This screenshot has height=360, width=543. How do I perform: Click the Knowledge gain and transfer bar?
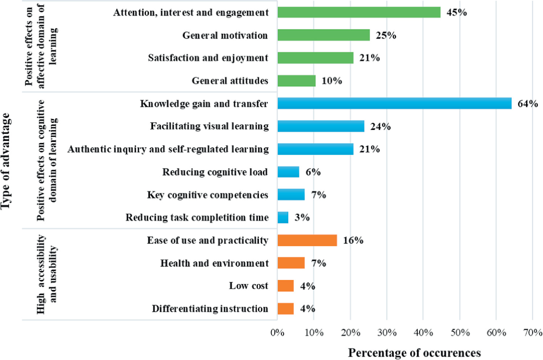[x=394, y=104]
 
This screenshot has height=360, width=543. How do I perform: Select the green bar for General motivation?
[x=323, y=35]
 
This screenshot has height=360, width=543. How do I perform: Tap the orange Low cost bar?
[x=286, y=286]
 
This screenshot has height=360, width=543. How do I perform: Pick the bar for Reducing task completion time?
[x=283, y=218]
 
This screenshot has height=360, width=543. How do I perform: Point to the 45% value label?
[x=457, y=12]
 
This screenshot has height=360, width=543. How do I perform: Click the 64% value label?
[x=528, y=104]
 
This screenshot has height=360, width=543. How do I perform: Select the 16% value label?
[x=353, y=240]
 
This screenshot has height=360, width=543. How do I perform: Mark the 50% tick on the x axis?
[x=460, y=332]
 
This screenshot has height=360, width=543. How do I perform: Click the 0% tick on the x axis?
[x=278, y=332]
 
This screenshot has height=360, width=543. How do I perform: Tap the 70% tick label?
[x=532, y=332]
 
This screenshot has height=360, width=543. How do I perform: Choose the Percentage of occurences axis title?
[x=414, y=353]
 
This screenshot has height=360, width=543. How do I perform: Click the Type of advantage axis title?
[x=6, y=161]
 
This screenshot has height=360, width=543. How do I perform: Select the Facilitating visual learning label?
[x=209, y=126]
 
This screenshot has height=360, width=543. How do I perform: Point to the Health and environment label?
[x=215, y=263]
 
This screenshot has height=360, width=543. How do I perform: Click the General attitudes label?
[x=230, y=81]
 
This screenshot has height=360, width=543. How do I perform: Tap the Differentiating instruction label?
[x=210, y=309]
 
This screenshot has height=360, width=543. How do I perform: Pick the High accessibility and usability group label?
[x=47, y=274]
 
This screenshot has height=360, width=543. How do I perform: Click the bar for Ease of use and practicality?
[x=307, y=240]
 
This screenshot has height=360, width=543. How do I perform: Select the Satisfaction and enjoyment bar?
[x=315, y=58]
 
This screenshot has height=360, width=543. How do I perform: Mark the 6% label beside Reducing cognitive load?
[x=313, y=172]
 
